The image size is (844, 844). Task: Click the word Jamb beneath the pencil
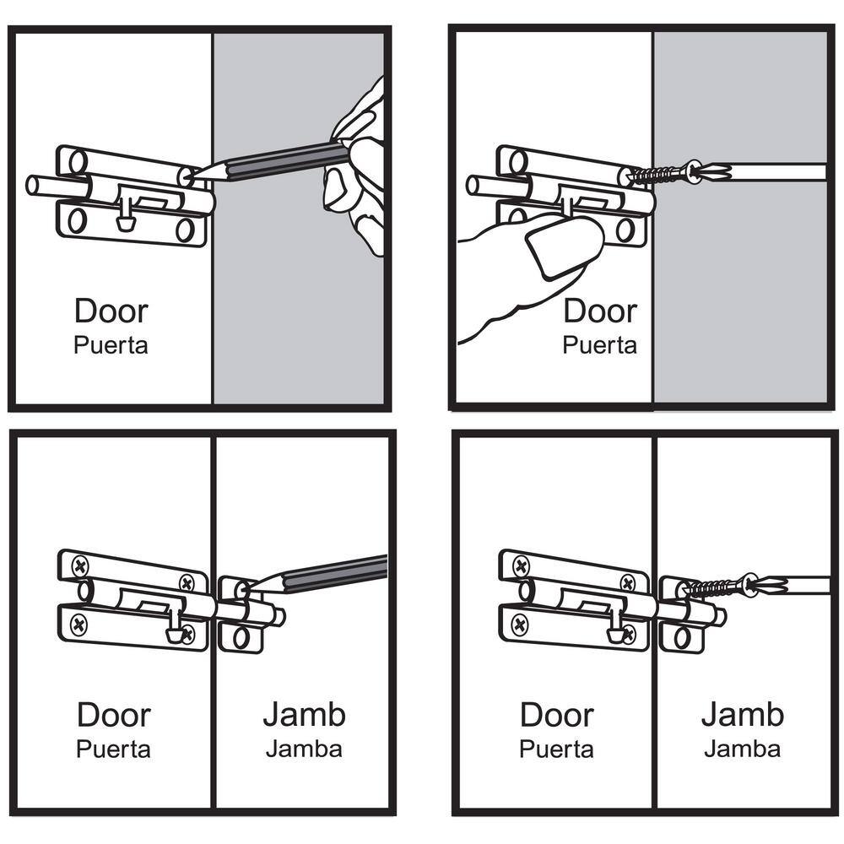click(x=304, y=714)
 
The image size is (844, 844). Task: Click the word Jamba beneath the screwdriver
click(x=742, y=749)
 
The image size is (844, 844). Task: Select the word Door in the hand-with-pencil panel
click(x=111, y=311)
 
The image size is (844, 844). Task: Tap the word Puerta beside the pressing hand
click(x=599, y=345)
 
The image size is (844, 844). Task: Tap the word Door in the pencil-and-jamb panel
click(x=113, y=715)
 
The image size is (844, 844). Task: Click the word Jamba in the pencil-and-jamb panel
click(x=304, y=749)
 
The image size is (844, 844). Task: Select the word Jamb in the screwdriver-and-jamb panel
click(x=742, y=714)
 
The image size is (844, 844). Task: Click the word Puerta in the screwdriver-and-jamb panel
click(x=555, y=749)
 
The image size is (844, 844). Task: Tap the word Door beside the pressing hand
click(x=599, y=311)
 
